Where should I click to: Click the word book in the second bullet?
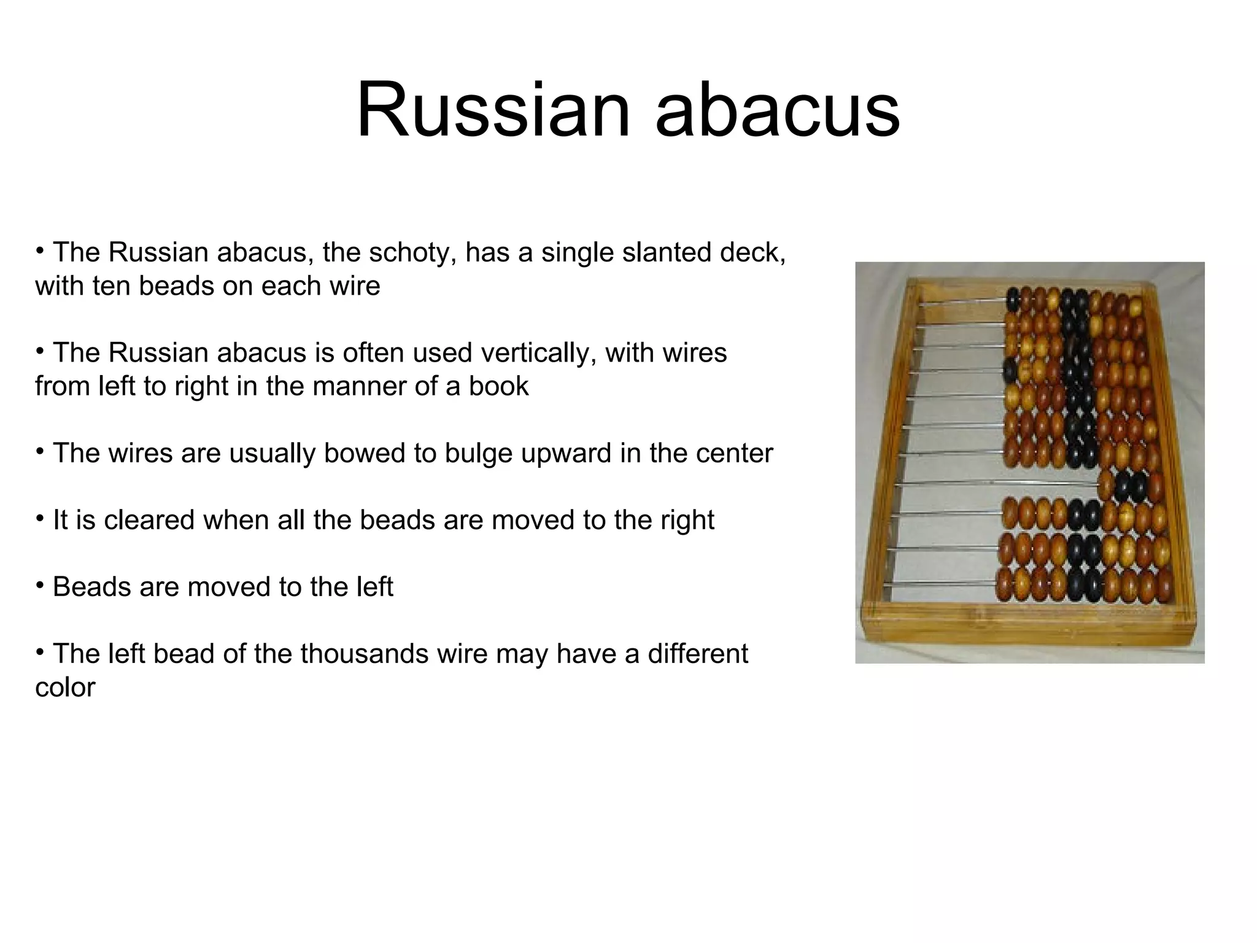coord(498,386)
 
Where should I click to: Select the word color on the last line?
coord(65,688)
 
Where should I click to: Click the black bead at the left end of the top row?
coord(1013,300)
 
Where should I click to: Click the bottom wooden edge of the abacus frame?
coord(1031,626)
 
